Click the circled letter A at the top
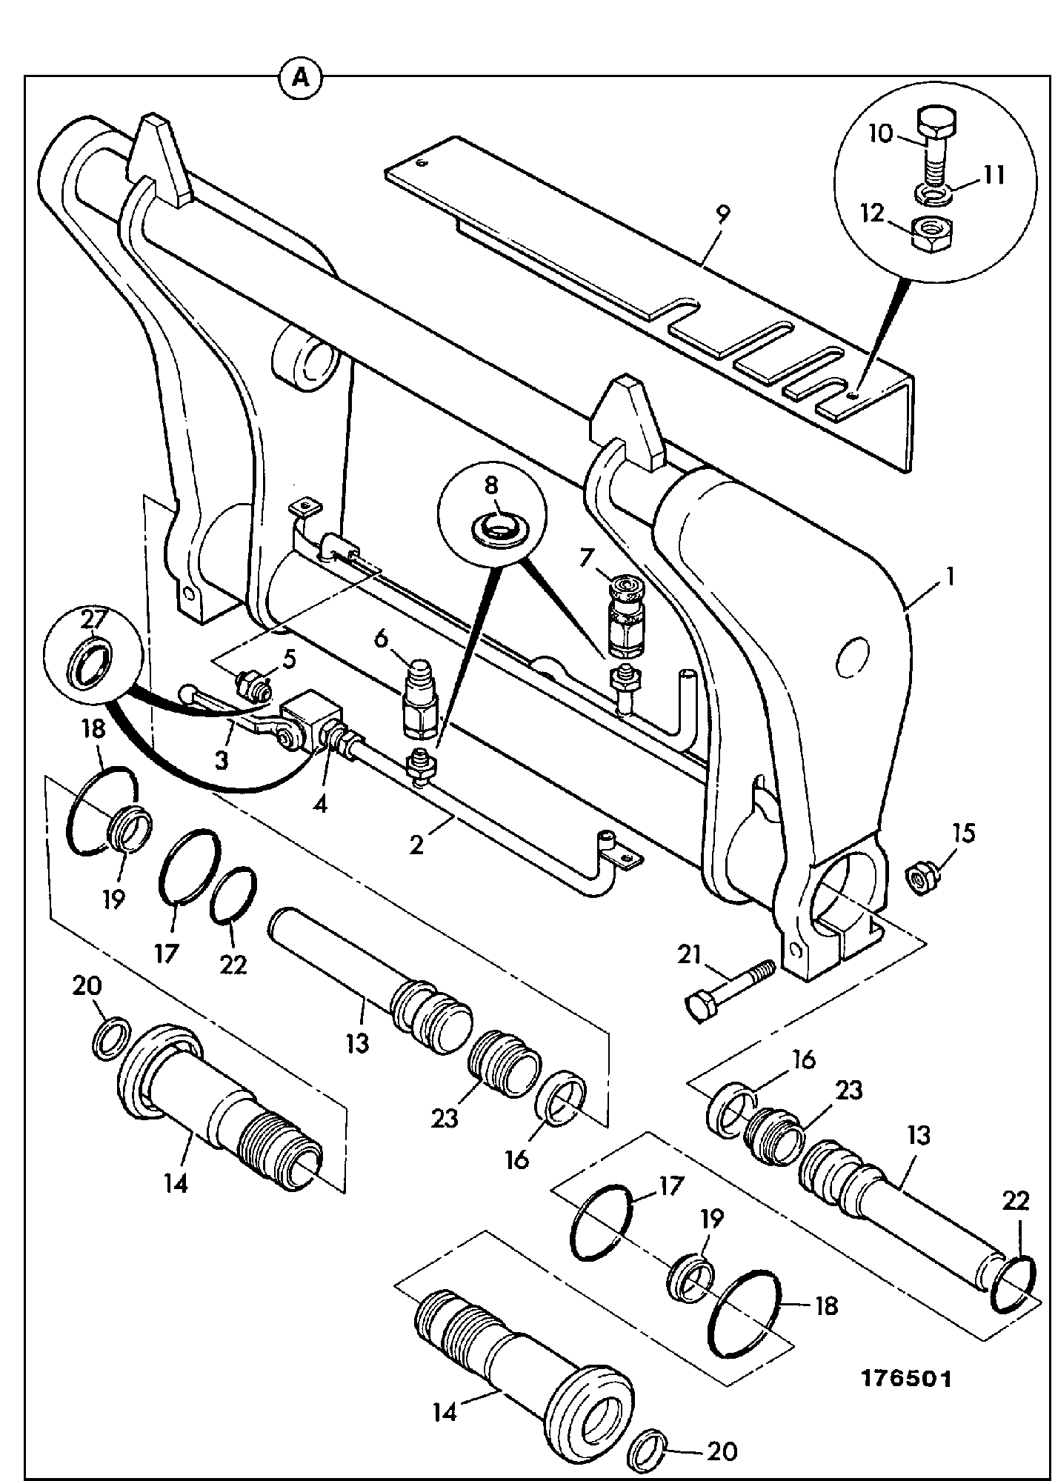302,76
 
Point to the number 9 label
722,214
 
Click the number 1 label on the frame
949,576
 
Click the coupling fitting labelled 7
627,611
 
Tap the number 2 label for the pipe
417,844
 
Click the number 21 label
689,956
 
